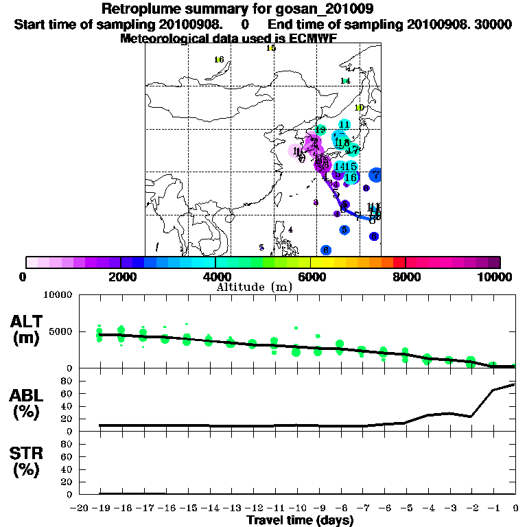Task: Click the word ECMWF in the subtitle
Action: coord(315,38)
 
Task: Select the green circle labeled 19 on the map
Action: coord(320,130)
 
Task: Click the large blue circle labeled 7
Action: coord(375,175)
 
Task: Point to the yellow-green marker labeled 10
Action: coord(359,108)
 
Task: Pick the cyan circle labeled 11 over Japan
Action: coord(344,124)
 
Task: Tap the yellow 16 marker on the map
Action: coord(219,60)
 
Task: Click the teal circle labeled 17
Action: coord(353,150)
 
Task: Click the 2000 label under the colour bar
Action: coord(121,277)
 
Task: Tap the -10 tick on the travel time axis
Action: coord(296,508)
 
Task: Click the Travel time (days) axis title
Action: coord(300,520)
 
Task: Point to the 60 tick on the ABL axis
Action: coord(68,393)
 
